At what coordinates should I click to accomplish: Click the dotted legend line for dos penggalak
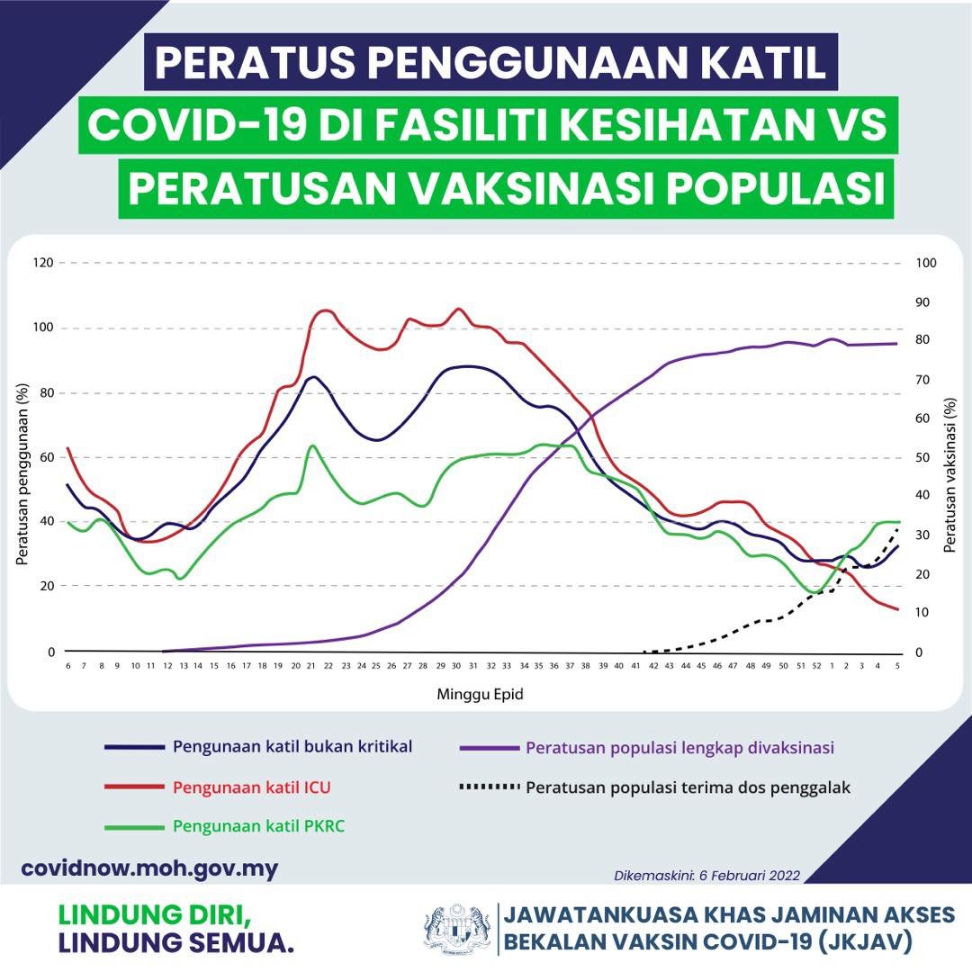point(490,787)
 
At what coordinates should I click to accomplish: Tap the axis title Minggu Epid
point(480,695)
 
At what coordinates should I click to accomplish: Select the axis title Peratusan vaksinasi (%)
point(950,477)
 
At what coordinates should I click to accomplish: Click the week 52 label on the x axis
point(816,666)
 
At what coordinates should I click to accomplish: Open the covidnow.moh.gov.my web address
point(149,868)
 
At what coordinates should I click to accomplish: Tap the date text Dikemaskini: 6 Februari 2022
point(706,875)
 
